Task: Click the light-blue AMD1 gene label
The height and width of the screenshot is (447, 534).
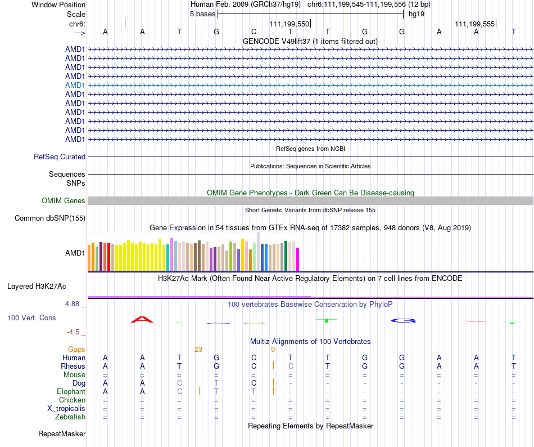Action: tap(75, 85)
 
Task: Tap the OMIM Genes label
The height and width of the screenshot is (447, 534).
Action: tap(64, 201)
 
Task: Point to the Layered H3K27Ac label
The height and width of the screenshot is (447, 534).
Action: tap(37, 287)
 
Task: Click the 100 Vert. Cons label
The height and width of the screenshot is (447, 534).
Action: tap(31, 318)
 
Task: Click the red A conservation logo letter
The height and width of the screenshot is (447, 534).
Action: tap(142, 319)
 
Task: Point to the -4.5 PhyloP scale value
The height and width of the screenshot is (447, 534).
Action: tap(74, 332)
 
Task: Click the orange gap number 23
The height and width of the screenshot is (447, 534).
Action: tap(198, 350)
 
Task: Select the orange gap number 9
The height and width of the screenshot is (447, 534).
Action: tap(273, 350)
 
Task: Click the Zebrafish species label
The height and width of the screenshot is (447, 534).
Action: tap(70, 417)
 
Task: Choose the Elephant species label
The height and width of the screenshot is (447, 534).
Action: tap(71, 392)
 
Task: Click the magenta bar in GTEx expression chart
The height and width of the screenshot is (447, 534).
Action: tap(298, 259)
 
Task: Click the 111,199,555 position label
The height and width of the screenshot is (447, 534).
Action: tap(475, 24)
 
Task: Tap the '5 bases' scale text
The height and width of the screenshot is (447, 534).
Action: tap(202, 14)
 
